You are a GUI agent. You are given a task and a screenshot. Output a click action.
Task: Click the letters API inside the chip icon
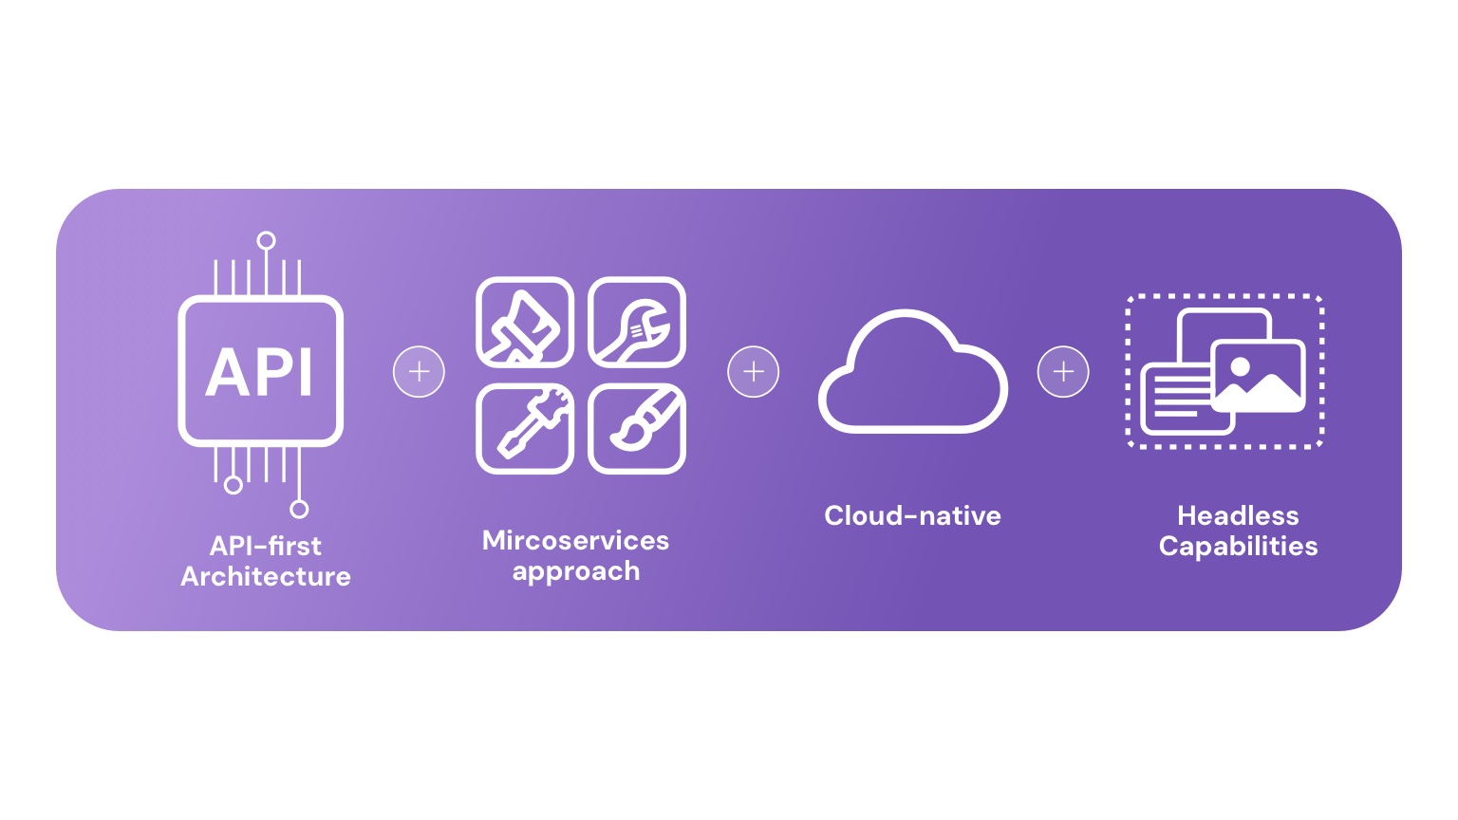(259, 372)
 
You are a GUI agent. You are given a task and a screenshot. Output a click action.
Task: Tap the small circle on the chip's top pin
(266, 241)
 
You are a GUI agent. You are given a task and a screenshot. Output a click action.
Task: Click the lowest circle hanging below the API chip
(299, 509)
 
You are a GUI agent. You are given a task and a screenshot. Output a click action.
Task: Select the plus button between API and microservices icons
(419, 372)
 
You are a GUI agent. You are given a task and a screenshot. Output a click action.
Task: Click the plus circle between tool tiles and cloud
(753, 372)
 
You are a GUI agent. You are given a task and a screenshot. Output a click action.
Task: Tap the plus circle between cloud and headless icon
(1063, 372)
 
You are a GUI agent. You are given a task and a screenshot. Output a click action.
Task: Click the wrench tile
(637, 322)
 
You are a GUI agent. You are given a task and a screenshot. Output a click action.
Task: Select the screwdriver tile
(525, 429)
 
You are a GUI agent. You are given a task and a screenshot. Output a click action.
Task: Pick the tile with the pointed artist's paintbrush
(637, 429)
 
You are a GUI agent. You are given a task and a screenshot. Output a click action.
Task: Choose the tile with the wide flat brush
(525, 322)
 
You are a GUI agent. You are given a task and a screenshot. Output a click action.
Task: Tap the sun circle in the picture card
(1240, 367)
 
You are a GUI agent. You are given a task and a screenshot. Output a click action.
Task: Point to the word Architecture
(266, 577)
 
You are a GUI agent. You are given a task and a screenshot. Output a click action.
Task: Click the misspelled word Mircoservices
(575, 541)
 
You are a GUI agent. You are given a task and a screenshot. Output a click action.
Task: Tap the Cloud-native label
(912, 516)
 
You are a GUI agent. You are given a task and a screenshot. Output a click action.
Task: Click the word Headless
(1238, 516)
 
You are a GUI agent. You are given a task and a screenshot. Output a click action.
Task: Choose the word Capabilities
(1238, 547)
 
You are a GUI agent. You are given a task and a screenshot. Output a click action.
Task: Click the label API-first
(266, 546)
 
